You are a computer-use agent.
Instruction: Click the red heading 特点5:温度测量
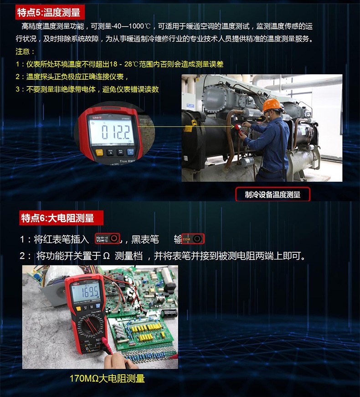[x=48, y=12]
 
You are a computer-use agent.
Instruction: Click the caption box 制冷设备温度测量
[x=273, y=194]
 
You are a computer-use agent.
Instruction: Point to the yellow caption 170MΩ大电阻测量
[x=107, y=378]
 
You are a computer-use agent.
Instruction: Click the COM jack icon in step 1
[x=193, y=239]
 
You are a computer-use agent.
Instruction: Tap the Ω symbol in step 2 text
[x=106, y=256]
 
